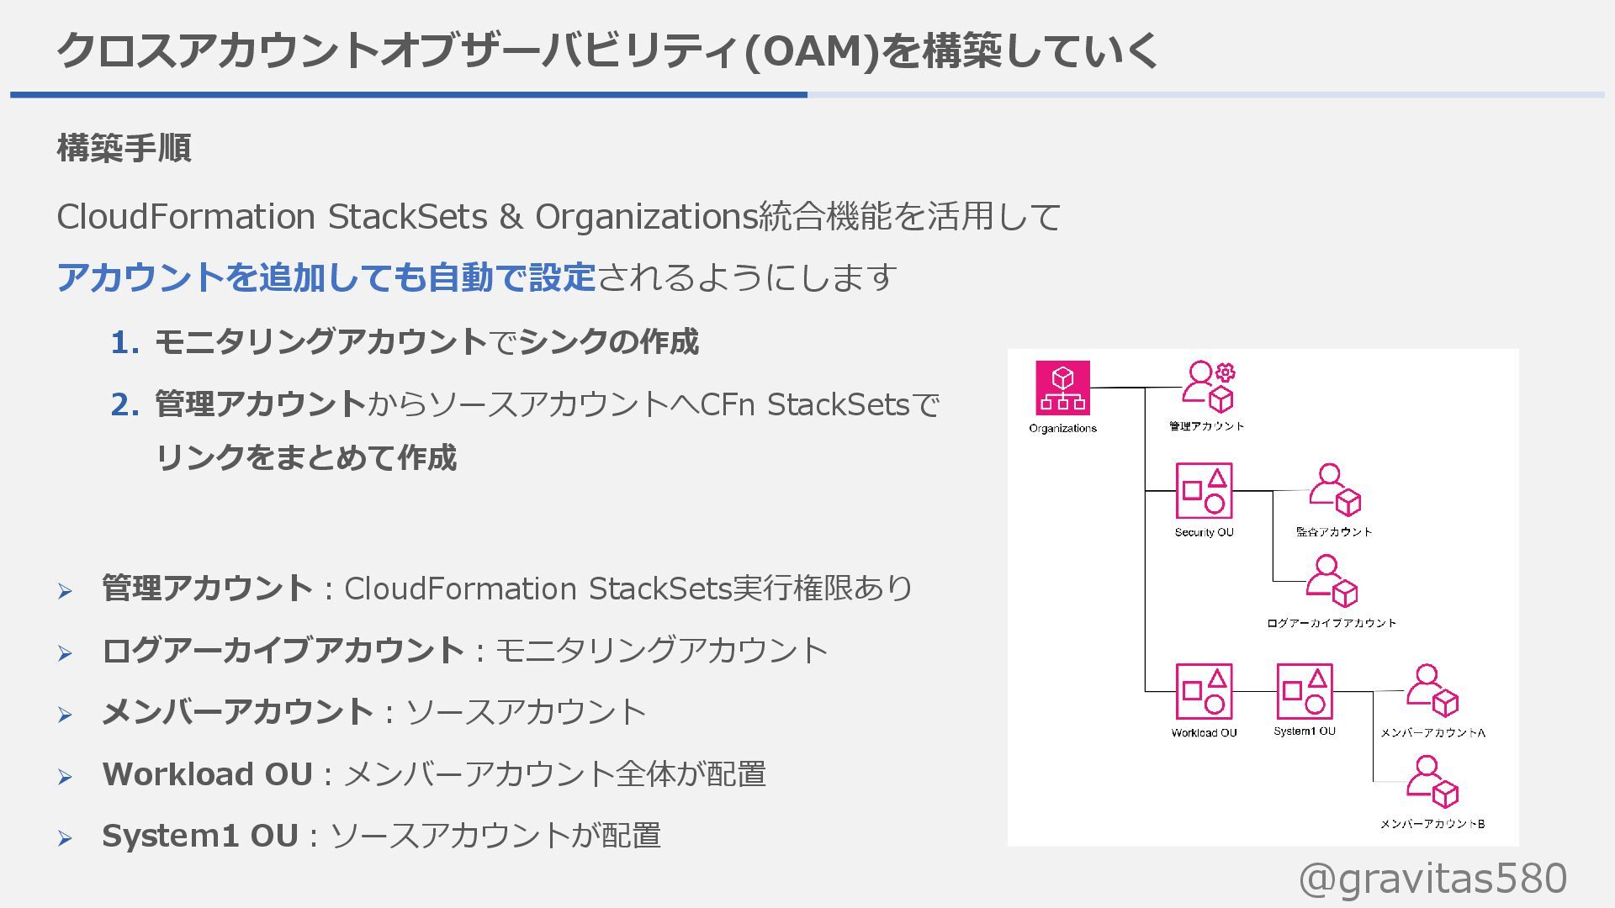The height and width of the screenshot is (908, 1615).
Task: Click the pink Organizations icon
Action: pyautogui.click(x=1062, y=388)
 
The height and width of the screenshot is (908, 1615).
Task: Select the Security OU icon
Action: pyautogui.click(x=1204, y=491)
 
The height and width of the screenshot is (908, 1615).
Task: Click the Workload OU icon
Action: pyautogui.click(x=1204, y=691)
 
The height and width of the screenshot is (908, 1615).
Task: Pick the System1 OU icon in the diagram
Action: pyautogui.click(x=1305, y=691)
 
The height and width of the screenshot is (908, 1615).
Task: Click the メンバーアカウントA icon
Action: pyautogui.click(x=1432, y=691)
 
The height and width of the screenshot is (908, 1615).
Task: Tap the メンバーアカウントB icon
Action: pyautogui.click(x=1432, y=782)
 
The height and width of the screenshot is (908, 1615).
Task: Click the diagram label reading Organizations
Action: pyautogui.click(x=1062, y=429)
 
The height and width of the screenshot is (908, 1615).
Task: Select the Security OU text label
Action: pyautogui.click(x=1204, y=532)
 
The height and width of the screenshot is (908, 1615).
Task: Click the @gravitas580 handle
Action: pyautogui.click(x=1432, y=879)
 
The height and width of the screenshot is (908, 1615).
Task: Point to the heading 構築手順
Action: pyautogui.click(x=124, y=148)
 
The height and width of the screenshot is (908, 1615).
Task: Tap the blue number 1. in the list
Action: pyautogui.click(x=124, y=343)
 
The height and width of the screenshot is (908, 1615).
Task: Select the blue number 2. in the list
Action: pyautogui.click(x=124, y=405)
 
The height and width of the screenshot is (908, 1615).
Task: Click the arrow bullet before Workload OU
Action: pyautogui.click(x=65, y=777)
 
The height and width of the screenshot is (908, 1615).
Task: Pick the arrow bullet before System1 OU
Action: pyautogui.click(x=65, y=838)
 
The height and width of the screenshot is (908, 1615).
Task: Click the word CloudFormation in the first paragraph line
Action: pyautogui.click(x=186, y=217)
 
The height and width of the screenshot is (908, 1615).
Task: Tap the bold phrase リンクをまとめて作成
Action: pyautogui.click(x=306, y=458)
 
